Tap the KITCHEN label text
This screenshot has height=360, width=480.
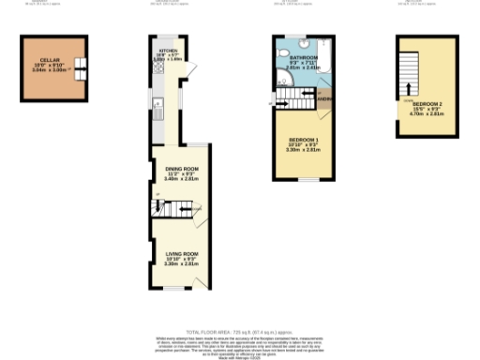tap(169, 51)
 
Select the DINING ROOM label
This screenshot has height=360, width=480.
tap(175, 169)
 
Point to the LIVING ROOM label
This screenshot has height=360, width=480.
tap(182, 254)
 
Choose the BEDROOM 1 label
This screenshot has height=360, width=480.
tap(303, 140)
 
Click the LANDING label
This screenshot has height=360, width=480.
tap(324, 98)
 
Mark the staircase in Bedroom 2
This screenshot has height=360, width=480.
tap(408, 75)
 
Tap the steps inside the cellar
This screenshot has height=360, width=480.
tap(81, 66)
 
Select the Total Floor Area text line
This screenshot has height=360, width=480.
tap(239, 333)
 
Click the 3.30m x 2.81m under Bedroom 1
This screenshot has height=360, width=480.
tap(303, 150)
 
